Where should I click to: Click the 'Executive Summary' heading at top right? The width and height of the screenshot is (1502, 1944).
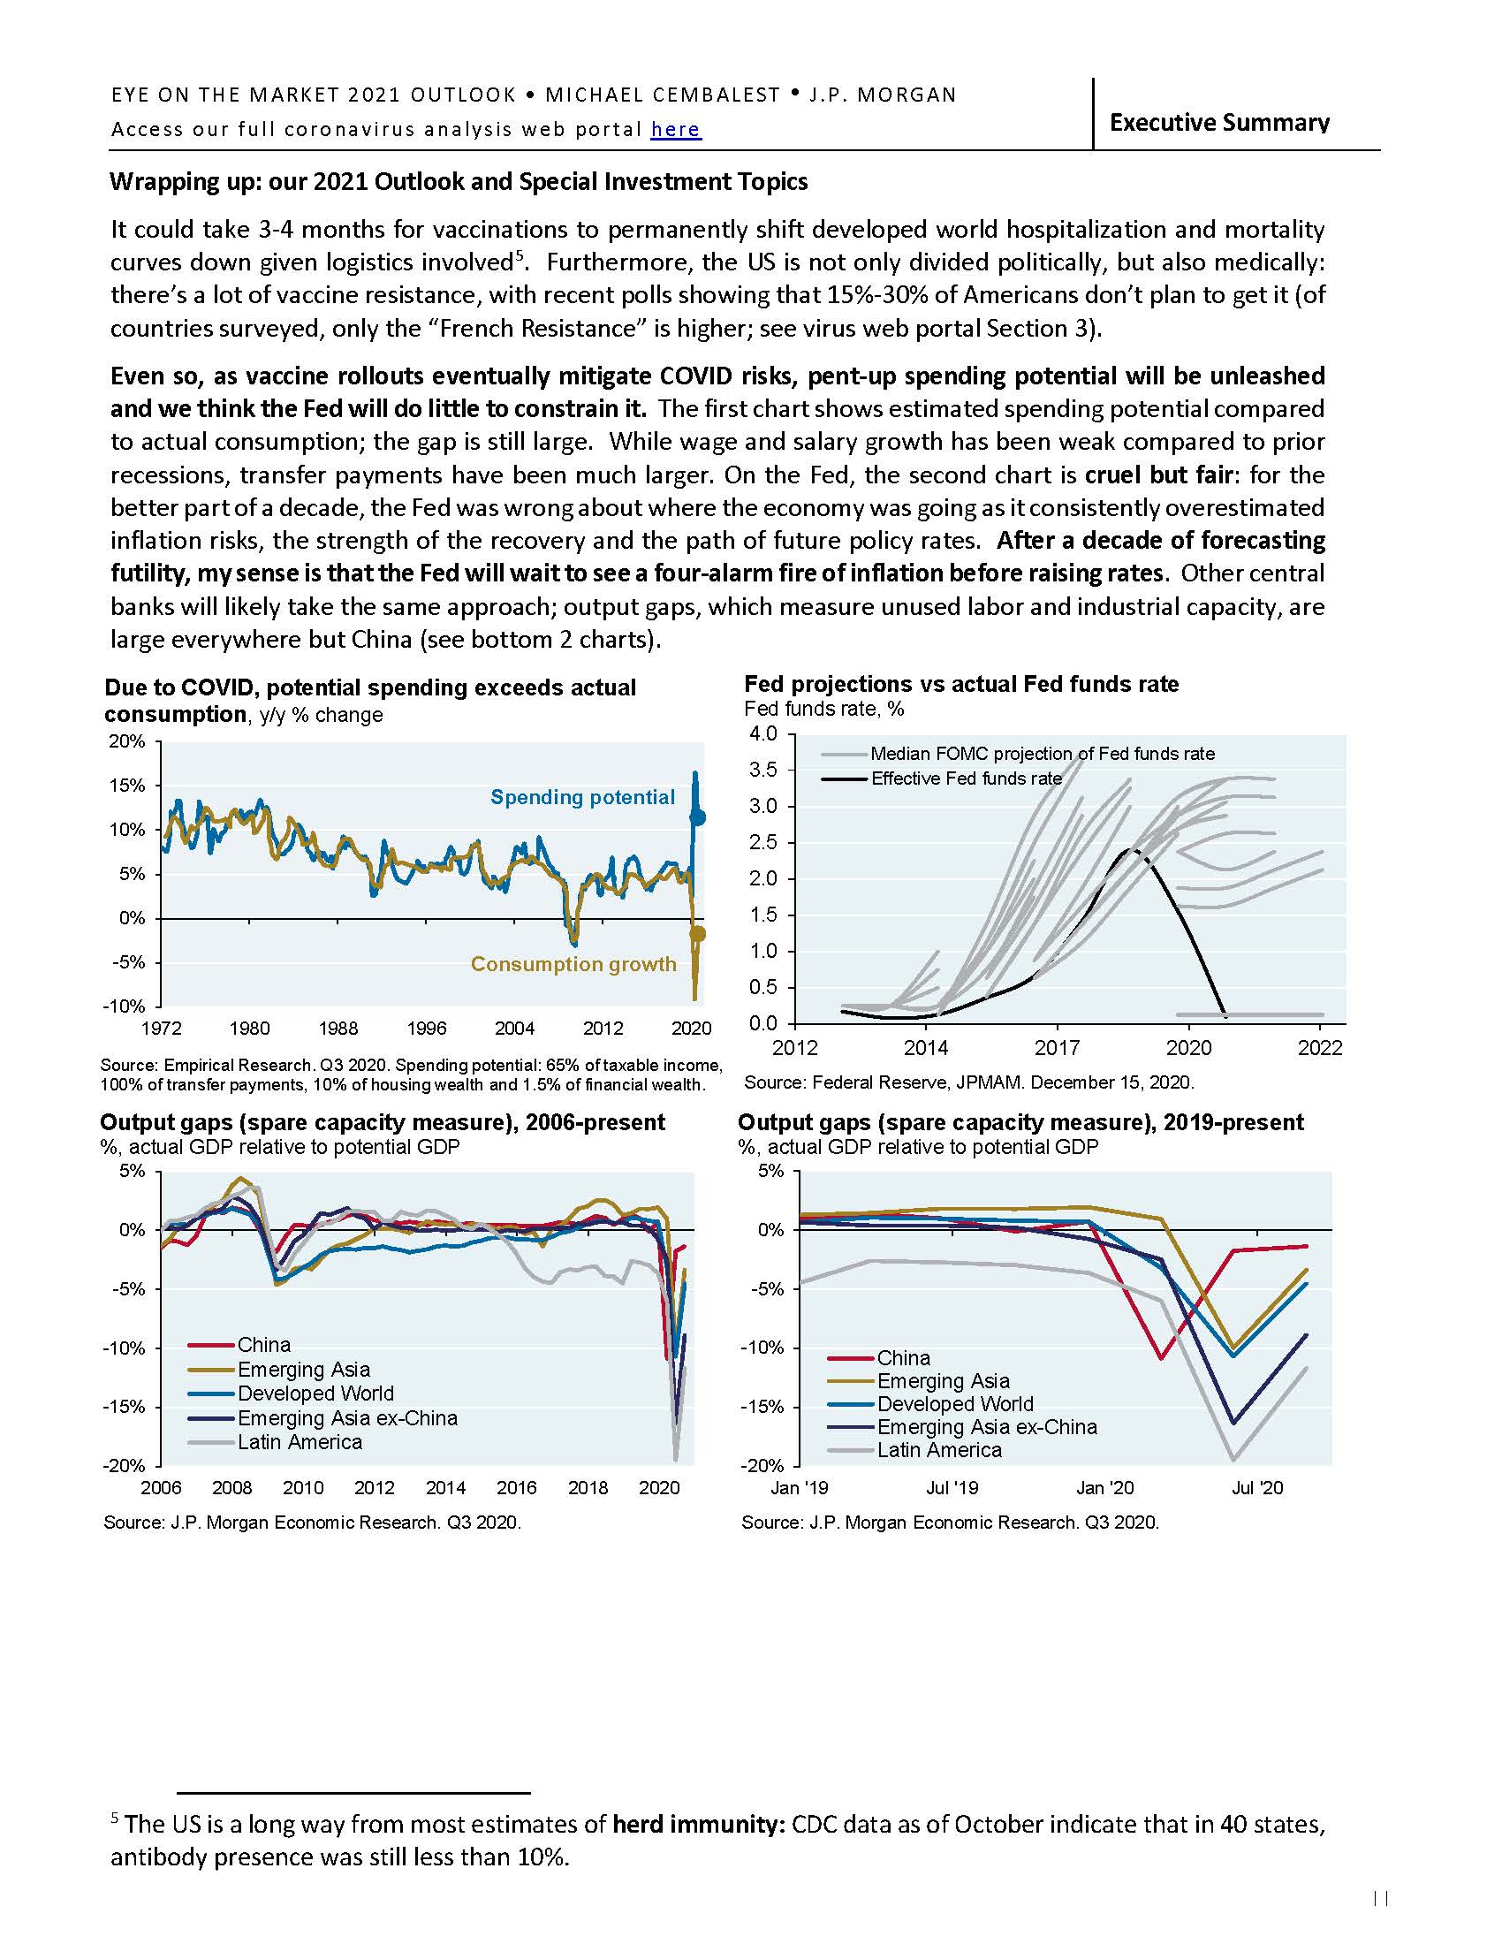[1218, 122]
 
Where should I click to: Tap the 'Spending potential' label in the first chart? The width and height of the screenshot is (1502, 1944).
[582, 797]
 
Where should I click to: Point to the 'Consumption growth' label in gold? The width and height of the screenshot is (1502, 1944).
[573, 964]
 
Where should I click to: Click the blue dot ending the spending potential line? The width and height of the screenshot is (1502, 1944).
[699, 817]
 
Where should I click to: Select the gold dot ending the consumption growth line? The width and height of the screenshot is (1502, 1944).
[699, 934]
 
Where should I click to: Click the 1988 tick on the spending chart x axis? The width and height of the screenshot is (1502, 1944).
[338, 1028]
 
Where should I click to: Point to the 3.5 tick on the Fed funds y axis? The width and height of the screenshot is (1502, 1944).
[764, 770]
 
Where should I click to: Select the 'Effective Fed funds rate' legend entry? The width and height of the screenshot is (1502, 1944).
[966, 778]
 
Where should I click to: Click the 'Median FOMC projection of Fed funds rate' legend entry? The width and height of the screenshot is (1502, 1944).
[1042, 754]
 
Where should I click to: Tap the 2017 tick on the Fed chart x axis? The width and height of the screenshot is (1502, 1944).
[1057, 1048]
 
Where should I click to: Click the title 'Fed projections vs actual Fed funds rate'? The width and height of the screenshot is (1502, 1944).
[961, 684]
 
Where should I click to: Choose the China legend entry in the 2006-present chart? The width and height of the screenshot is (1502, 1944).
[263, 1345]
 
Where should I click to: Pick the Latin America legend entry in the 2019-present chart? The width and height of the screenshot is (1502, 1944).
[938, 1450]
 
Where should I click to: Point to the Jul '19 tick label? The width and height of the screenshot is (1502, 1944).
[952, 1487]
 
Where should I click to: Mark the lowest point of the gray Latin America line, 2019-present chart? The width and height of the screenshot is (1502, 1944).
[1233, 1460]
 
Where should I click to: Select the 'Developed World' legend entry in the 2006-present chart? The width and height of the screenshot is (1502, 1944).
[315, 1393]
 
